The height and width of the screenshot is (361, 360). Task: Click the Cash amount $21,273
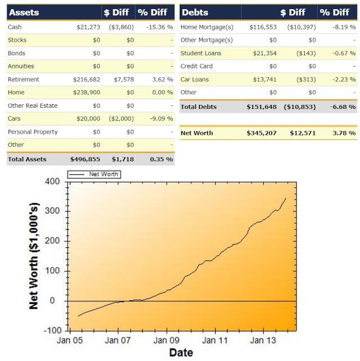(88, 27)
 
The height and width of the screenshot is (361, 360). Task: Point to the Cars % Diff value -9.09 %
(160, 118)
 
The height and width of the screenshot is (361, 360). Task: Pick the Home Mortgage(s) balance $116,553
(262, 27)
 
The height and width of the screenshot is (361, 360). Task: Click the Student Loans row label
(201, 53)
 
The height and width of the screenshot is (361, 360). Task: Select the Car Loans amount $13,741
(264, 80)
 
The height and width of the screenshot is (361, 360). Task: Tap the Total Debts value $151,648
(261, 107)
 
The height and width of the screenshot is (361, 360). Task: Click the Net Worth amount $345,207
(261, 133)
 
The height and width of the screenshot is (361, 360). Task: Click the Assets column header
(25, 12)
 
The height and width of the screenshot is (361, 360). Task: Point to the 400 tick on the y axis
(52, 182)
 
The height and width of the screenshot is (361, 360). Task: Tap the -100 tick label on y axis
(51, 331)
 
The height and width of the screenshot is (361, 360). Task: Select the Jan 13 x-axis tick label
(263, 341)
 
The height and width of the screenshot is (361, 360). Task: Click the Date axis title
(180, 353)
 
